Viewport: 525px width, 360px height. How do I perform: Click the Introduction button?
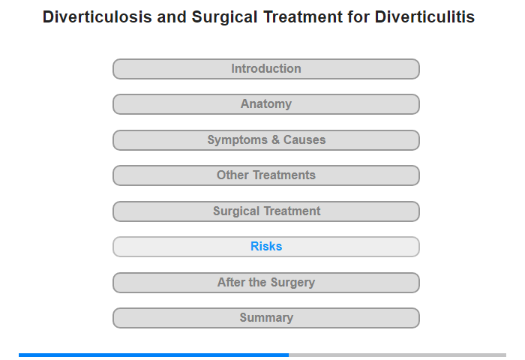tap(266, 69)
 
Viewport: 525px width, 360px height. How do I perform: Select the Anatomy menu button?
tap(266, 104)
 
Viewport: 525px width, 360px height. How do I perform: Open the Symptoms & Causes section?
tap(266, 140)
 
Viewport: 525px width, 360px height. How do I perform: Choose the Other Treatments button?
tap(266, 175)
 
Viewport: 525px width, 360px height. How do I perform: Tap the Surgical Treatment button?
tap(266, 211)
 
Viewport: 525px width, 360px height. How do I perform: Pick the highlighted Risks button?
tap(266, 247)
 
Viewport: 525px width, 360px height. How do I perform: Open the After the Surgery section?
tap(266, 283)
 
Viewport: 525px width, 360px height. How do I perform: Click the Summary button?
tap(266, 318)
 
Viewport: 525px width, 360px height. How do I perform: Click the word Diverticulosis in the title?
tap(97, 16)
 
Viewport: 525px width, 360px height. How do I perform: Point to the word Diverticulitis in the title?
tap(424, 16)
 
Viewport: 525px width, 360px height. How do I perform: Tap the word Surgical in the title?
tap(224, 17)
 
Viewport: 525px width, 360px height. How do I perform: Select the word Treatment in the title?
tap(303, 16)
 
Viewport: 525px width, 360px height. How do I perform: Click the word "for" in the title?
tap(358, 16)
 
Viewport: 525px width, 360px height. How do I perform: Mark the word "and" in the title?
tap(172, 16)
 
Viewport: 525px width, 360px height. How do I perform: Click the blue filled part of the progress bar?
tap(154, 355)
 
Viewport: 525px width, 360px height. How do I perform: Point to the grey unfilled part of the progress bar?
tap(397, 355)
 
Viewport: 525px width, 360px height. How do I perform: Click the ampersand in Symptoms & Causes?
tap(275, 140)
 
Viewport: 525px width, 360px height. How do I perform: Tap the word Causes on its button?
tap(304, 140)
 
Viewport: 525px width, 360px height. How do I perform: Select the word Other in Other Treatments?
tap(232, 175)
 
